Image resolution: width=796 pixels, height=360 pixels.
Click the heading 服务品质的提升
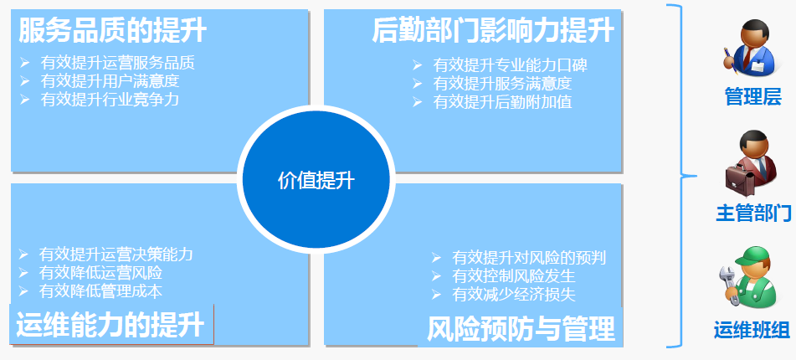pos(113,30)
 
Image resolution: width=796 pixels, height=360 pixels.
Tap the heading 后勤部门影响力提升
pos(493,30)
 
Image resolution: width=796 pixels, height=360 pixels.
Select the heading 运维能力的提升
pos(110,325)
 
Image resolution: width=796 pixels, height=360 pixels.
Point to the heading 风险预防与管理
pos(521,328)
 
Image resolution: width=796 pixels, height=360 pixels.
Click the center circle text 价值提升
pos(316,180)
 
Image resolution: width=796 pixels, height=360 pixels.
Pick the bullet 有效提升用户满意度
pos(110,80)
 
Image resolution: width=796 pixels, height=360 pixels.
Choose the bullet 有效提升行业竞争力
pos(110,99)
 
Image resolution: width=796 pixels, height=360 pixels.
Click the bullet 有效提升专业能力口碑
pos(511,65)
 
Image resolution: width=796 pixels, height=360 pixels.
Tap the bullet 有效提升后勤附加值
pos(502,101)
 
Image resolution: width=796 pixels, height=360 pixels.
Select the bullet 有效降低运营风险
pos(100,273)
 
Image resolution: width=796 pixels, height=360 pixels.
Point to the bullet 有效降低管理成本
pos(100,291)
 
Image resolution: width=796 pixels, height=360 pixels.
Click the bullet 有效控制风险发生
pos(514,276)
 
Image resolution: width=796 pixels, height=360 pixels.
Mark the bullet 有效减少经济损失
pos(514,295)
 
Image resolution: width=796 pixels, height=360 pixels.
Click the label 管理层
pos(752,96)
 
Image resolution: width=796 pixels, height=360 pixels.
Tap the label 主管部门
pos(753,213)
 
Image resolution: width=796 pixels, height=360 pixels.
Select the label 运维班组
pos(752,330)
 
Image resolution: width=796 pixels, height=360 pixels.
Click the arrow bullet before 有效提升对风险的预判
pos(436,257)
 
